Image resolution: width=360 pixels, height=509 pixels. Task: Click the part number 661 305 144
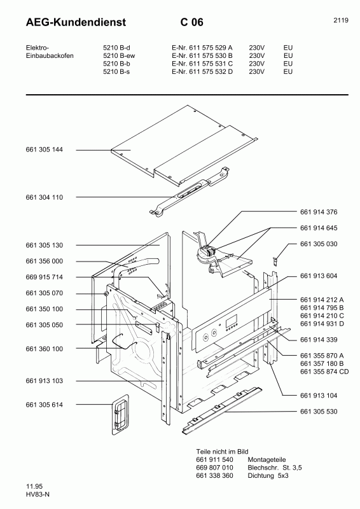coord(44,150)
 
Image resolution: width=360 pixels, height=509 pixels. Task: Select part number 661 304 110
coord(44,197)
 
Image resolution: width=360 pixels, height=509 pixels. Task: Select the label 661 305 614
coord(44,405)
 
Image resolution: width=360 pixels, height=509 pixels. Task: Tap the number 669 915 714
coord(44,277)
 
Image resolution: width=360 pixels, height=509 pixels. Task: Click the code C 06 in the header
coord(191,23)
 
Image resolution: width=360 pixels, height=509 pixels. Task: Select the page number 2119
coord(340,20)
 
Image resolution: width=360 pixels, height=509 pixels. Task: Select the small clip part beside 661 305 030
coord(294,259)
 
